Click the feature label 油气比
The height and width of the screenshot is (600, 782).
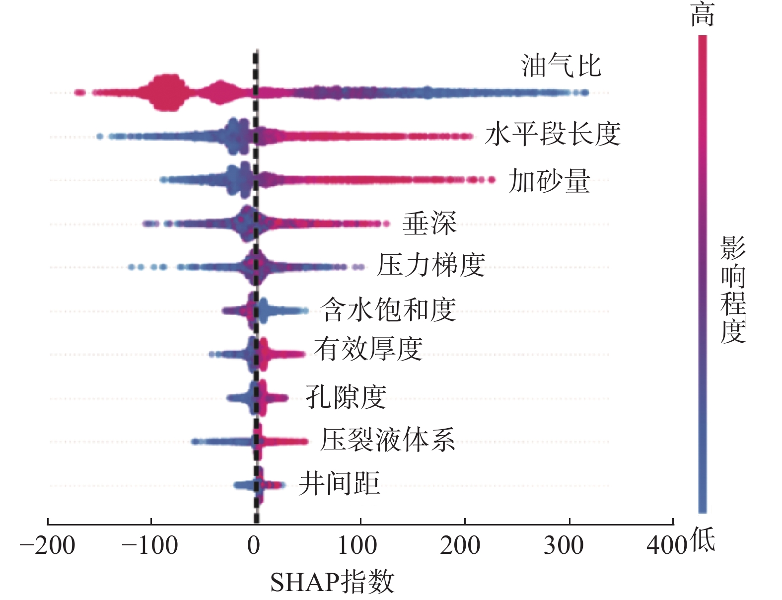coord(561,66)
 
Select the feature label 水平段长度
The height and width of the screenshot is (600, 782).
coord(553,134)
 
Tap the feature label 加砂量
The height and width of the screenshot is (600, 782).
coord(549,181)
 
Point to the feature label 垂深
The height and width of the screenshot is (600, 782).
coord(429,224)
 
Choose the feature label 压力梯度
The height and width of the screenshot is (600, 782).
coord(431,265)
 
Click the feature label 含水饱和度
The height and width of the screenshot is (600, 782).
coord(388,310)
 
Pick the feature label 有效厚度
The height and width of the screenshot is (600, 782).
coord(368,349)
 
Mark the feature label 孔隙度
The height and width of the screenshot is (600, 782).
coord(346,397)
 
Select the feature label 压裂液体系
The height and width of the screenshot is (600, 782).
coord(387,440)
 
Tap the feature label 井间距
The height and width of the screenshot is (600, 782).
coord(339,483)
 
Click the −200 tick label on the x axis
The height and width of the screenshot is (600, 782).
coord(47,546)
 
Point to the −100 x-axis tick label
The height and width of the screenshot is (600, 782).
coord(150,546)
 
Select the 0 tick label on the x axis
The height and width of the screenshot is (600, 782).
coord(254,546)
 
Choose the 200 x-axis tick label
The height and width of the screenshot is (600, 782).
coord(460,546)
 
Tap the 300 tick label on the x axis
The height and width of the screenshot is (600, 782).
coord(564,546)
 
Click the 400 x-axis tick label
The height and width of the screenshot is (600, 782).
coord(667,546)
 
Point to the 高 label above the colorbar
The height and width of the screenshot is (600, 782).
coord(703,15)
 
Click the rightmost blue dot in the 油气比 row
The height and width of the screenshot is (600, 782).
coord(585,92)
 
